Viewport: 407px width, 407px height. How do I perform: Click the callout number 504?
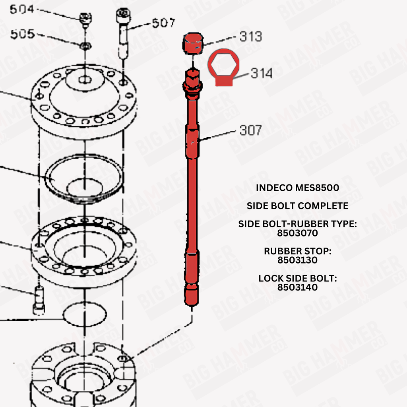(22, 10)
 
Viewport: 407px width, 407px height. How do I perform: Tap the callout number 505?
(23, 34)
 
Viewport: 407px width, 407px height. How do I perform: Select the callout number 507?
(163, 23)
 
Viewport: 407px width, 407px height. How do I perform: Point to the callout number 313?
(250, 36)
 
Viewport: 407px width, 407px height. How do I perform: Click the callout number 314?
(262, 73)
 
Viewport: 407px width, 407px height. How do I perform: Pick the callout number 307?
(250, 130)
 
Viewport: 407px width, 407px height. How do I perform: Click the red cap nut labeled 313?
(193, 44)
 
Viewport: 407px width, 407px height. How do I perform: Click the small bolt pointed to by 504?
(85, 20)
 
